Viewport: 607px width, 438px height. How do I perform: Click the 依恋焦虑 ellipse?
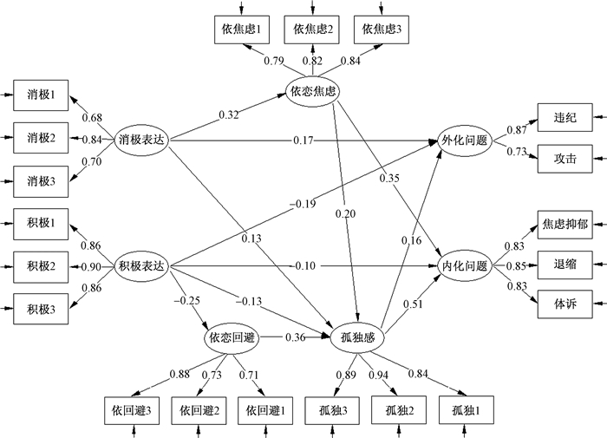[x=313, y=89]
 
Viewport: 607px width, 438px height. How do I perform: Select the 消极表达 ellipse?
[x=140, y=139]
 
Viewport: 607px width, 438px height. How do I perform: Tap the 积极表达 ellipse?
[x=140, y=265]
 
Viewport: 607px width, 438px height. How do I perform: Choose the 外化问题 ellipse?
[x=465, y=139]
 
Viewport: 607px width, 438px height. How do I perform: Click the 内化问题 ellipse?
[x=465, y=265]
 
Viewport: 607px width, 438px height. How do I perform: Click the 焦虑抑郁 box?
[x=564, y=223]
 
